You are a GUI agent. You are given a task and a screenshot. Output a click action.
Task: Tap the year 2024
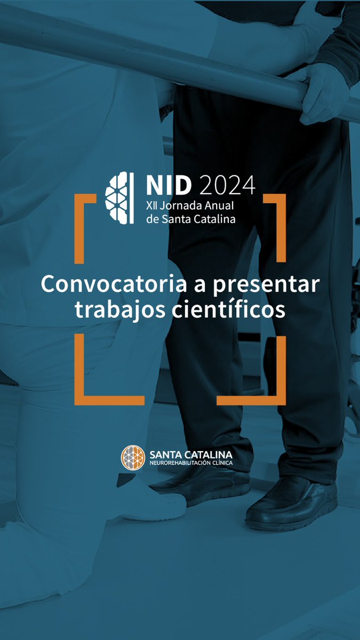coord(228,186)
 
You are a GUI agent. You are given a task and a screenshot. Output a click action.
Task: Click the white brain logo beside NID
coord(119,198)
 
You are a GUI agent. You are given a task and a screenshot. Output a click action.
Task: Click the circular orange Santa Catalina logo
coord(132,458)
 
